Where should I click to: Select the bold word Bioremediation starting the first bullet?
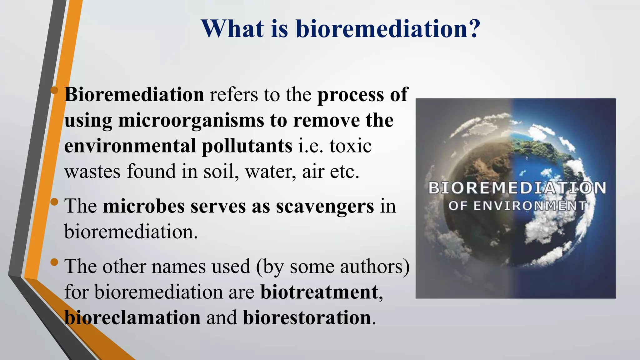pos(134,94)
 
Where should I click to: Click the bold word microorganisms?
pos(191,121)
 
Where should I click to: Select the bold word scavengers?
pos(325,207)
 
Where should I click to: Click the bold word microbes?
pos(144,207)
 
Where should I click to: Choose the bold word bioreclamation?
pos(132,318)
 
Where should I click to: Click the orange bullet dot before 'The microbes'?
pos(54,202)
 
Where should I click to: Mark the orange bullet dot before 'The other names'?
pos(54,262)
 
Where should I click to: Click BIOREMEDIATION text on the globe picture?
pos(517,188)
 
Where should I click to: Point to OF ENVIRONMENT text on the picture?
pos(517,206)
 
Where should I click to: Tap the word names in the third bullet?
pos(176,267)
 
